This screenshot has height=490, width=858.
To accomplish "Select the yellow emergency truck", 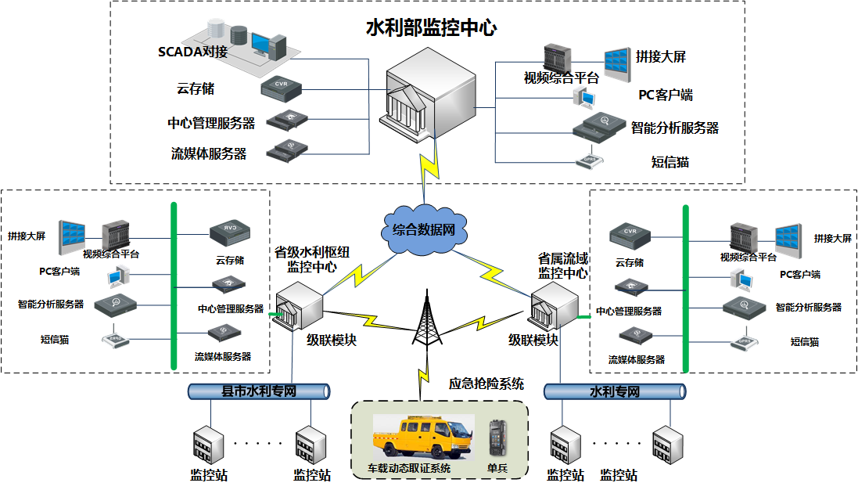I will tap(421, 440).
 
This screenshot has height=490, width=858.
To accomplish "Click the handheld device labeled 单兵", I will tap(498, 441).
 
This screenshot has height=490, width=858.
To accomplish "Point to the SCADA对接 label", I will tap(192, 52).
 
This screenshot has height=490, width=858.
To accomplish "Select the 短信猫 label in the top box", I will tap(670, 162).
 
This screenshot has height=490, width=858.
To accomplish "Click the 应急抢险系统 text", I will tap(486, 384).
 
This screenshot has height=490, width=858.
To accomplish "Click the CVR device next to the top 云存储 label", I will tap(282, 86).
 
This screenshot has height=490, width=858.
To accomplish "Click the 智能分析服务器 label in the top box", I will tap(674, 128).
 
